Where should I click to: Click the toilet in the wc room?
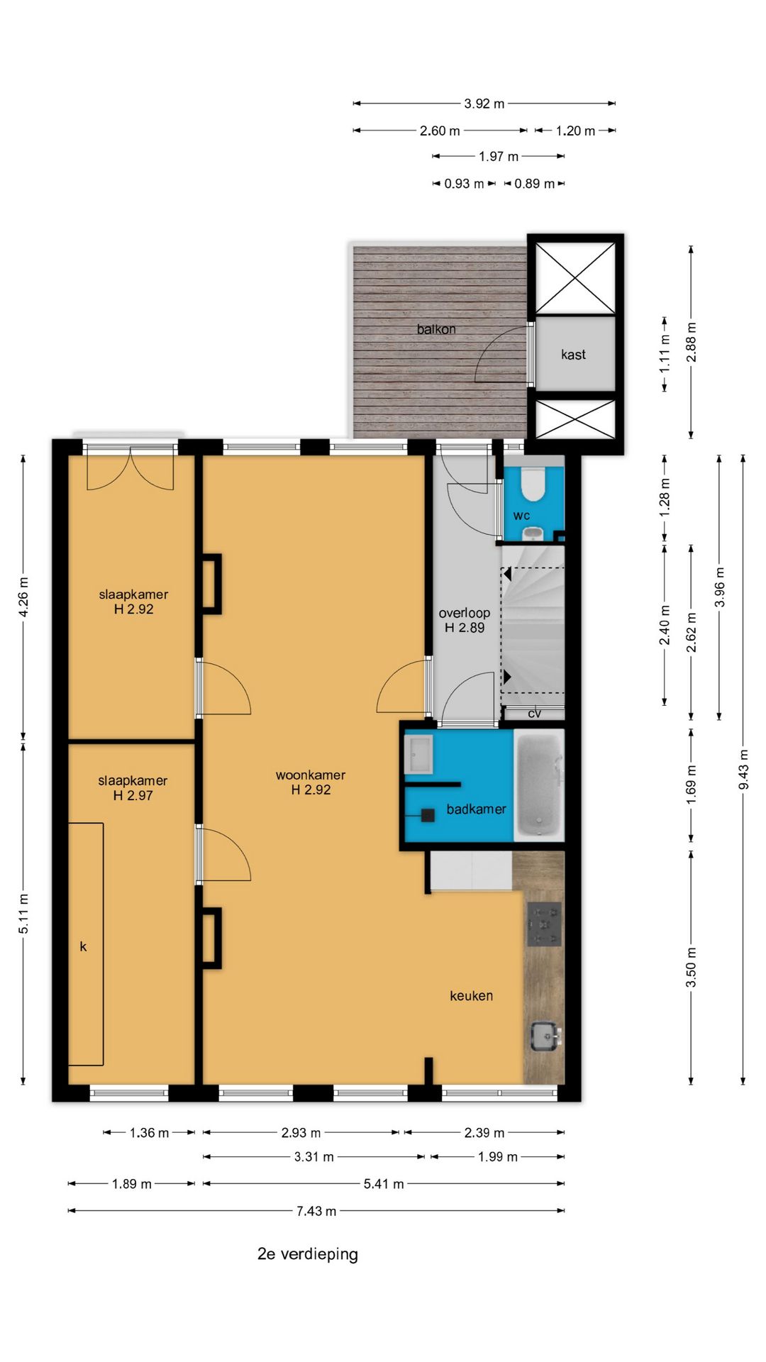[532, 485]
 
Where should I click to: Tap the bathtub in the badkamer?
[539, 785]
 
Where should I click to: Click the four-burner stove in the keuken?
[544, 924]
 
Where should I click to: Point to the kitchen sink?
[545, 1036]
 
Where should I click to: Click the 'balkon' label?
[436, 329]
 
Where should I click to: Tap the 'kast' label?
[573, 355]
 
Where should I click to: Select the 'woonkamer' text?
[311, 775]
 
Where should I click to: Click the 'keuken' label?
[471, 996]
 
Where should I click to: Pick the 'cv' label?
[535, 714]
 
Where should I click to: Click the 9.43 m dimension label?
[743, 769]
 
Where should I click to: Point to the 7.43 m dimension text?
[316, 1211]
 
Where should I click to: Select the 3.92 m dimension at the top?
[484, 104]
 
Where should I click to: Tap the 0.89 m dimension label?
[535, 184]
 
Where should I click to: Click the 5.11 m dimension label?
[23, 914]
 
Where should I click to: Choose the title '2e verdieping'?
[308, 1254]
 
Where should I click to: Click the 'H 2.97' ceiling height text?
[133, 796]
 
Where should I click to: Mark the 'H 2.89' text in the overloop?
[465, 628]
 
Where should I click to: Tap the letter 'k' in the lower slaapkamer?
[83, 946]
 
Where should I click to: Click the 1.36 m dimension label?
[149, 1133]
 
